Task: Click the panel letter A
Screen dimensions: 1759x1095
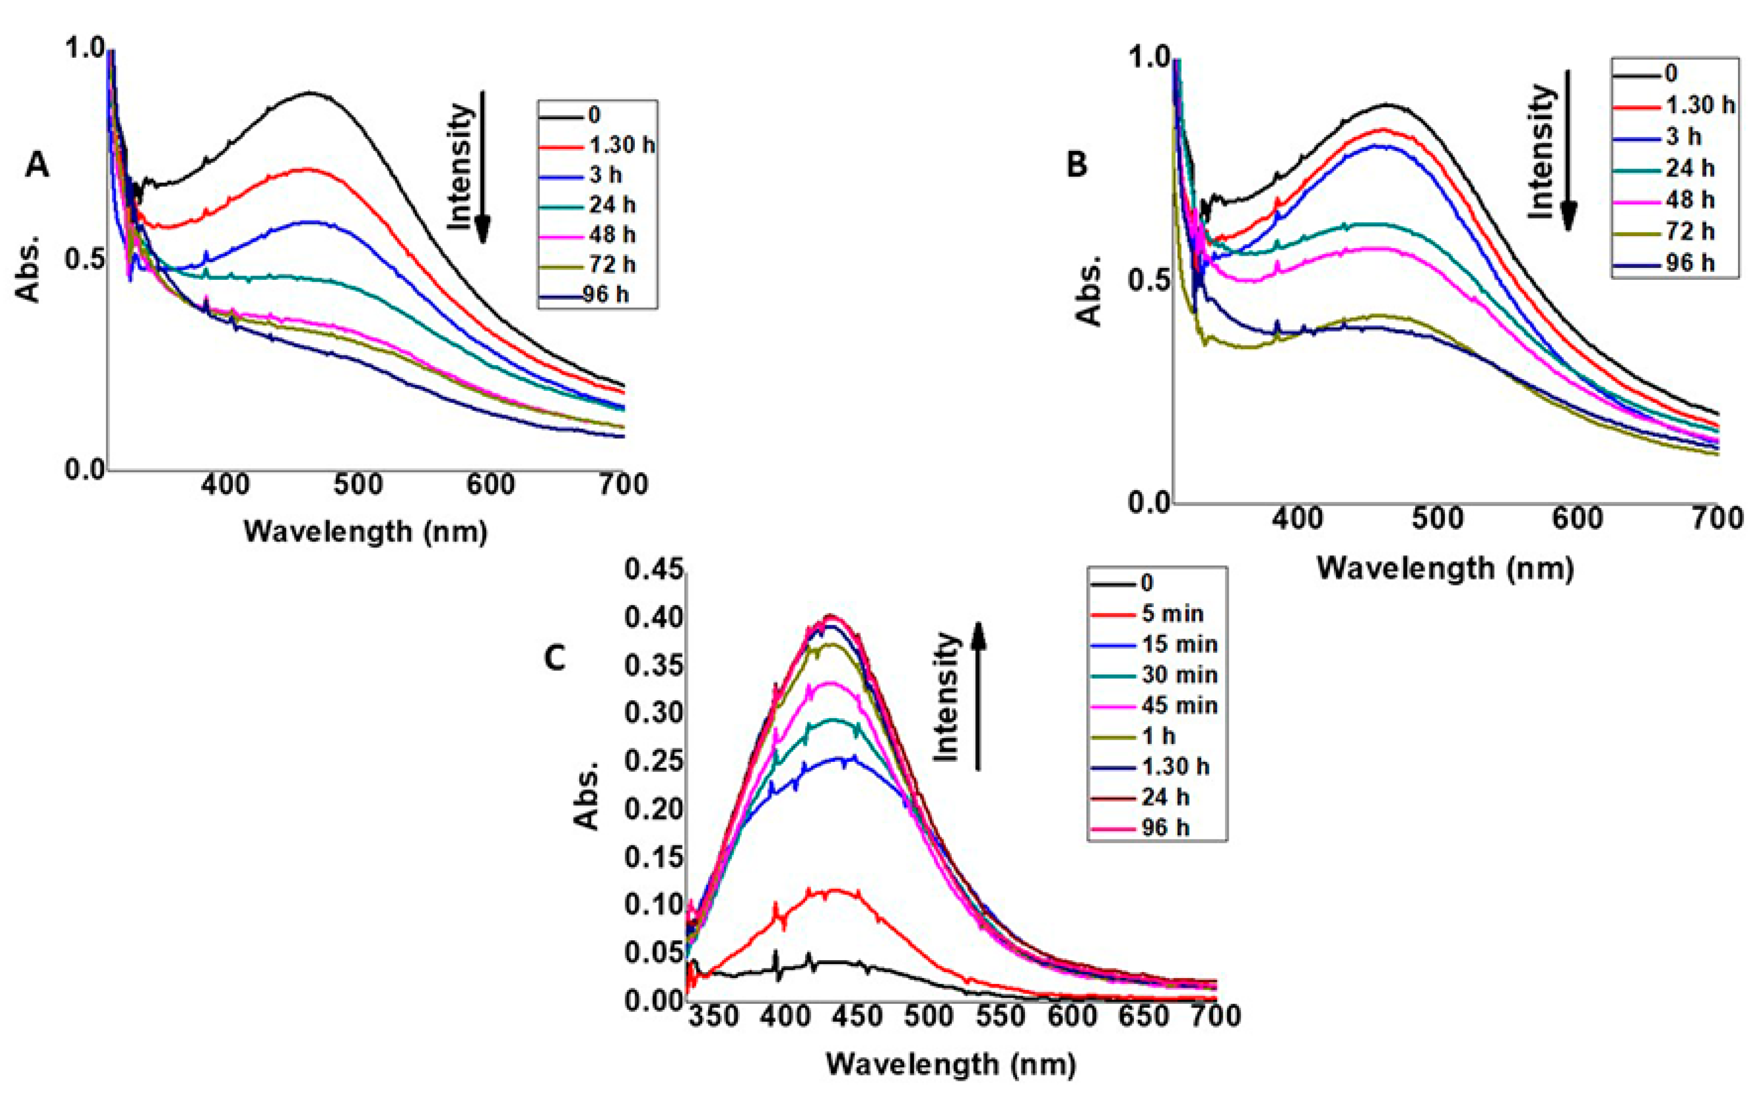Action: [x=37, y=166]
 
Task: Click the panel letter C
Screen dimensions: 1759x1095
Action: [x=555, y=658]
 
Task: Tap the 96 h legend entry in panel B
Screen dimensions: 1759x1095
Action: [x=1665, y=263]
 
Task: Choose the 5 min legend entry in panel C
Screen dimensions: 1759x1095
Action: [x=1147, y=614]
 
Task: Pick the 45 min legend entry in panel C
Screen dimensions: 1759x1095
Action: [x=1154, y=705]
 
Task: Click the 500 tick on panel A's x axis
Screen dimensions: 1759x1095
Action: [x=358, y=485]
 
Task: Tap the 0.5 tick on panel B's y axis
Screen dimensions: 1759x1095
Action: [x=1147, y=279]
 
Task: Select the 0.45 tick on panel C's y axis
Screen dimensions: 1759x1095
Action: [x=654, y=570]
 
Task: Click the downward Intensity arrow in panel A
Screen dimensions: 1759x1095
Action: [x=483, y=166]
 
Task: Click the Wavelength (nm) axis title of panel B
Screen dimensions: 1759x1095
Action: [x=1445, y=568]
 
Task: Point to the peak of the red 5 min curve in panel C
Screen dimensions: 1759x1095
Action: [x=834, y=890]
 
